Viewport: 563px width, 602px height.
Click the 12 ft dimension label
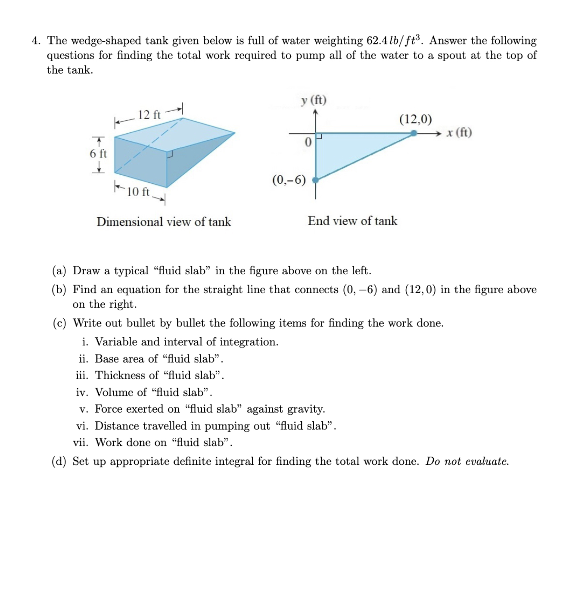[149, 115]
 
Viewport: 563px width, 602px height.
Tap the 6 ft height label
[98, 154]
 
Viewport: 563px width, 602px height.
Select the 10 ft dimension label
[138, 191]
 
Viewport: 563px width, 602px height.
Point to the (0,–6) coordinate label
[289, 180]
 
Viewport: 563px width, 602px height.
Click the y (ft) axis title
[314, 100]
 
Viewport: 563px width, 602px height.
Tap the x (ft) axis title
[459, 132]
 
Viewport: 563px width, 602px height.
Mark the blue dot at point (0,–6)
[315, 180]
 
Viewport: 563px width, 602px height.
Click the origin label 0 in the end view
[308, 142]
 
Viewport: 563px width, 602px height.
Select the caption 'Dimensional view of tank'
[164, 222]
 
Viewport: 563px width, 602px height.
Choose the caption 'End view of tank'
[352, 221]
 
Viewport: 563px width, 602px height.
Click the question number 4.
[36, 41]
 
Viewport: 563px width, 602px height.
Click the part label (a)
[59, 271]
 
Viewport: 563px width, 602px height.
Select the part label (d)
[59, 461]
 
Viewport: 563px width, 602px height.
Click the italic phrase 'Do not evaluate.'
[467, 461]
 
